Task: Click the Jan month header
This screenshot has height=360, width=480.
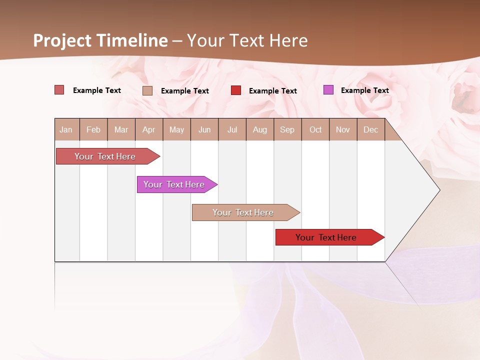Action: [x=66, y=129]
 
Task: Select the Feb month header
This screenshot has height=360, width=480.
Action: [x=93, y=129]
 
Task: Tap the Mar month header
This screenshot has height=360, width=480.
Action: [x=121, y=129]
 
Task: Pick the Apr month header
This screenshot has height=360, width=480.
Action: [x=149, y=129]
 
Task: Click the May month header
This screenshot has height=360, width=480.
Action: [x=176, y=129]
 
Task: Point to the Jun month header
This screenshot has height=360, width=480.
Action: [x=204, y=129]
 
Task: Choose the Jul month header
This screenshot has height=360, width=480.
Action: [x=232, y=129]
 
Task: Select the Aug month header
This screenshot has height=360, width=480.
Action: [x=260, y=129]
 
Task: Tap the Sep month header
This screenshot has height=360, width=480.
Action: [x=287, y=129]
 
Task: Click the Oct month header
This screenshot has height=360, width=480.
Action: [x=315, y=129]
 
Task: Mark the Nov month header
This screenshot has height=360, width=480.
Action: [x=343, y=129]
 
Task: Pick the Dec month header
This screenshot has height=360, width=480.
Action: [x=371, y=129]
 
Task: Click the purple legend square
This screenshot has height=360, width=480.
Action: [x=328, y=90]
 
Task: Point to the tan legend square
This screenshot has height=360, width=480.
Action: [x=147, y=90]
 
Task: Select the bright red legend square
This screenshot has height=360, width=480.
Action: [x=236, y=90]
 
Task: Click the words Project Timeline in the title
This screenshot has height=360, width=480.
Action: [x=100, y=40]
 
